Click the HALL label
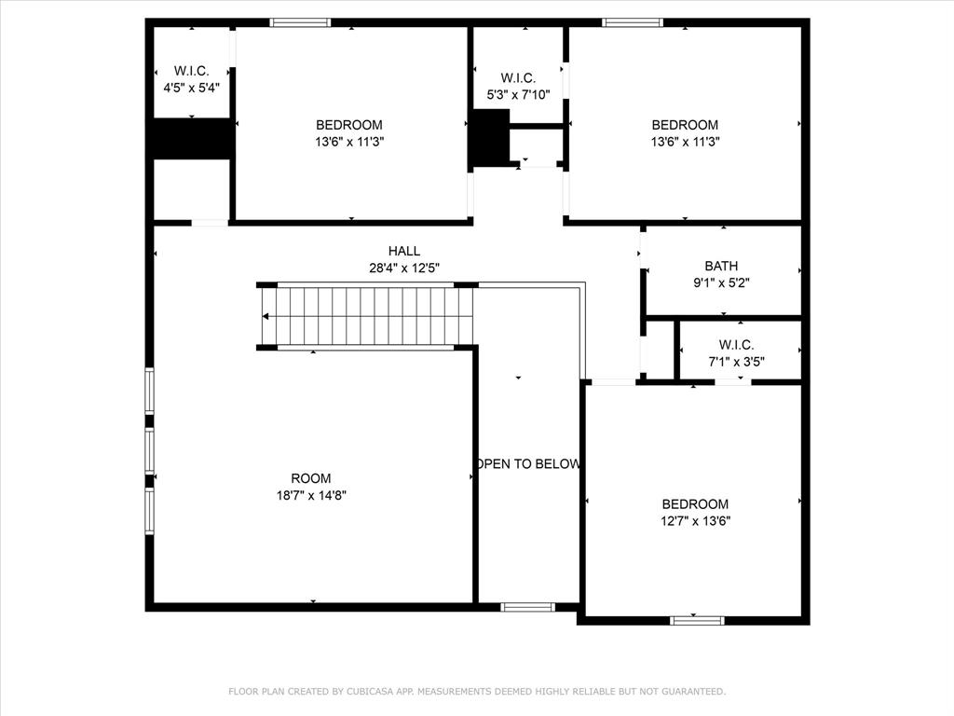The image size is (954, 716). (404, 251)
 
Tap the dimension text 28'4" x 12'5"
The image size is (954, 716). (404, 268)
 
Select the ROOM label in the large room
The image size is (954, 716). (310, 478)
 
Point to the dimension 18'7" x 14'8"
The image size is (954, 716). (310, 495)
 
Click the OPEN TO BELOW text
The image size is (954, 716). (528, 464)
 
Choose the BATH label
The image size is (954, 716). (721, 266)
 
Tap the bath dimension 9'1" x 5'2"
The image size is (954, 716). (721, 282)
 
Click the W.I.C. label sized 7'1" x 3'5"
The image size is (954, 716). (736, 345)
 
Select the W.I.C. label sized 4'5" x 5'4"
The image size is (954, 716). (191, 71)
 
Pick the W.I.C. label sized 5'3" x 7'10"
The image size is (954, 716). (518, 77)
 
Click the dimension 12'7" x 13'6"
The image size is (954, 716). (695, 521)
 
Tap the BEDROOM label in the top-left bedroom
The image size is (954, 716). (349, 125)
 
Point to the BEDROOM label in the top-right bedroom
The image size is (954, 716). (685, 125)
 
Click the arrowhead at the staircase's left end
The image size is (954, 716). (266, 317)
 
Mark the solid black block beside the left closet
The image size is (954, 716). (192, 139)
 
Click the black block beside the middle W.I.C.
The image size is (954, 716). (490, 138)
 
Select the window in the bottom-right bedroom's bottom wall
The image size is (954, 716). (697, 619)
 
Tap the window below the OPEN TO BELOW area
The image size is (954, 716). (528, 607)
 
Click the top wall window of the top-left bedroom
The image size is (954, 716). (300, 22)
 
